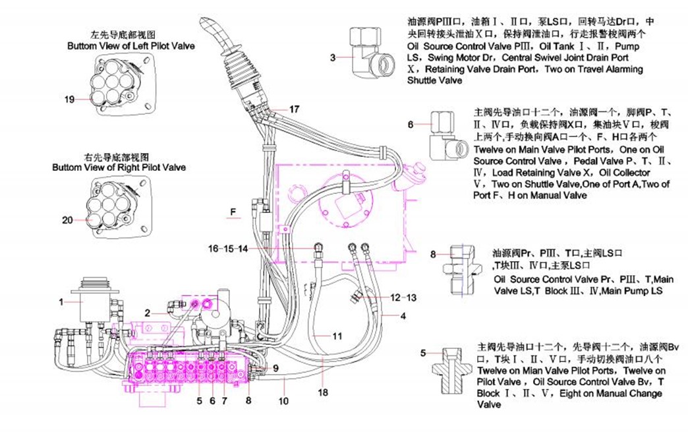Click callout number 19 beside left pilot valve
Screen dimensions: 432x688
[69, 100]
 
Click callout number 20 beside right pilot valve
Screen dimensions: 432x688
[67, 220]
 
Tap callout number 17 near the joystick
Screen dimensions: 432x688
[294, 109]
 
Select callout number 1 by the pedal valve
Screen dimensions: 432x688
[61, 302]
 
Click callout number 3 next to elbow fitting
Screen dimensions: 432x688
[334, 57]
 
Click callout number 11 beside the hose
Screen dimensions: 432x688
[337, 336]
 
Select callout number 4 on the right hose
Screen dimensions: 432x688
[403, 315]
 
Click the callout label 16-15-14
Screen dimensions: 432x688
[229, 249]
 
